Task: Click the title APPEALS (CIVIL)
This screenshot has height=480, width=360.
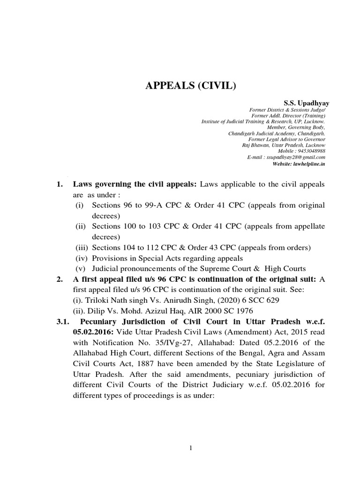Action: [x=180, y=87]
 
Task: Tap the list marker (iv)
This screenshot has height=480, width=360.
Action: [x=82, y=258]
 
